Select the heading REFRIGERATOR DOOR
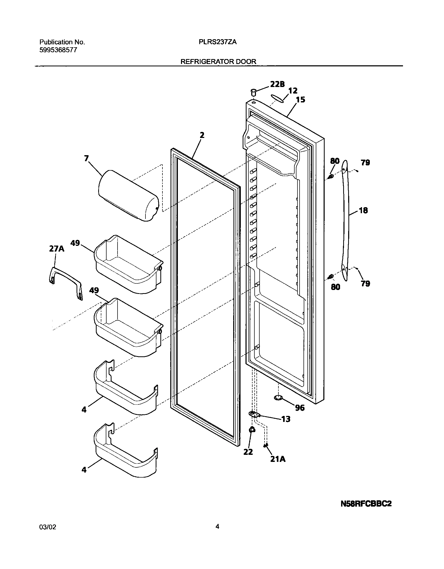pos(218,62)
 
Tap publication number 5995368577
pos(58,50)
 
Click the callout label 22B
pos(277,84)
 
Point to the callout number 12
pos(293,91)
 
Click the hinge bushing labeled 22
pos(252,429)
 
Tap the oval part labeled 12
pos(277,98)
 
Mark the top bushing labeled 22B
pos(253,92)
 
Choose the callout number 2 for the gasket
pos(202,135)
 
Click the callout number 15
pos(300,100)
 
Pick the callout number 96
pos(300,408)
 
